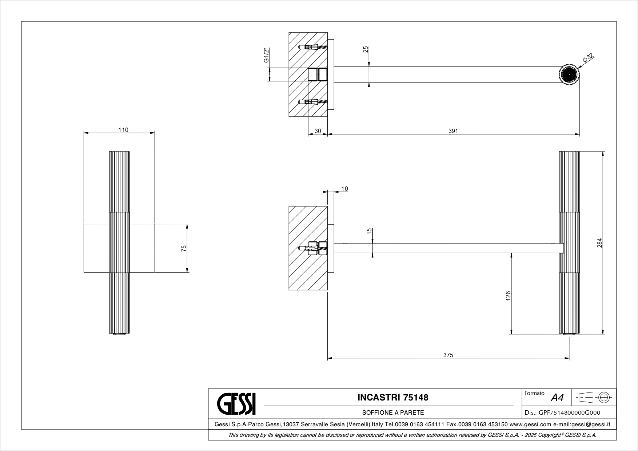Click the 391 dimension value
click(453, 131)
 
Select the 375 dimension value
click(448, 355)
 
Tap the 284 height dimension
click(599, 243)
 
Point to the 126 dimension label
click(508, 295)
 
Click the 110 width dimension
click(123, 130)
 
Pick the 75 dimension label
click(184, 248)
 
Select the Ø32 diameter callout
click(588, 58)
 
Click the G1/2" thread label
click(266, 55)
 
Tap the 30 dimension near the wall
click(318, 131)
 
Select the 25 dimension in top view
click(366, 49)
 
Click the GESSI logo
click(236, 404)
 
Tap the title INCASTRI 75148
click(393, 397)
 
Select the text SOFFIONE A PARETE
click(393, 412)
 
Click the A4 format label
click(557, 398)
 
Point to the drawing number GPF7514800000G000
click(562, 412)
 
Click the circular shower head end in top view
click(569, 75)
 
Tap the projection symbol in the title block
click(594, 398)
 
